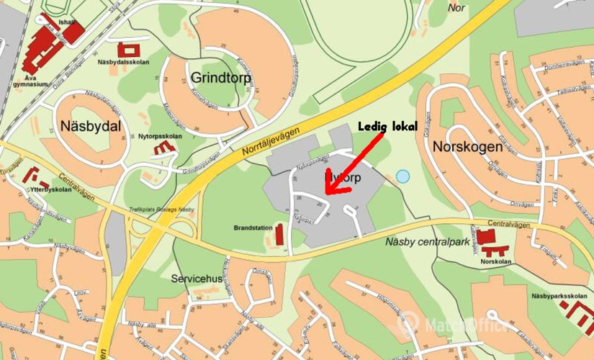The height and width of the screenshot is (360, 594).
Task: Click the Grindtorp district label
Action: [221, 77]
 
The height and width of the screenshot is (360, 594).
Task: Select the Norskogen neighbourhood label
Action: [467, 146]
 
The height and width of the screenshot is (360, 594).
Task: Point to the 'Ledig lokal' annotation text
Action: [387, 127]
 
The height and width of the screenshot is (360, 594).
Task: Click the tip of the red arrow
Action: [326, 193]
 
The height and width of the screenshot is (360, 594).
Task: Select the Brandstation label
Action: [252, 228]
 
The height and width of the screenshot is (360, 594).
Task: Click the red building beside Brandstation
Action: [279, 234]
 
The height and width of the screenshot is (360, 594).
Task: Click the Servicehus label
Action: [194, 277]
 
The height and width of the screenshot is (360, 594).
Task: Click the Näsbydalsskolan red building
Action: [130, 50]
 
